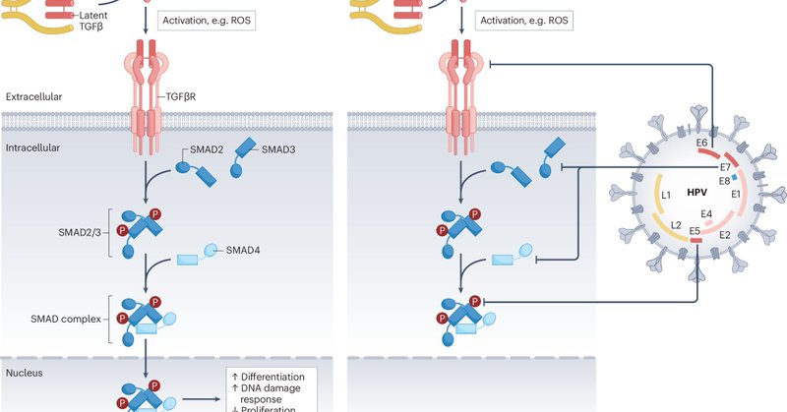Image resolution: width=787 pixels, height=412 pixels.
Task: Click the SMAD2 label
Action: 207,149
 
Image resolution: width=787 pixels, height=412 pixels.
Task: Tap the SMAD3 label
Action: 278,149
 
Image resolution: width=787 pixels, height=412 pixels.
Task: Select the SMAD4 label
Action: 243,250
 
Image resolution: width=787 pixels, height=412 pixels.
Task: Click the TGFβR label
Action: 181,96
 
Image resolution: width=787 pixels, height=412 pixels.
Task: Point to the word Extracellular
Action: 33,96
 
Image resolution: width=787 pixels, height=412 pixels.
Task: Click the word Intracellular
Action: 32,148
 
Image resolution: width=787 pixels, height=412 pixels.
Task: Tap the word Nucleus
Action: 24,373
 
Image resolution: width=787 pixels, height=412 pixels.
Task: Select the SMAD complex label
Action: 66,319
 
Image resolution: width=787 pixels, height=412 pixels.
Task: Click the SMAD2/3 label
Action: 80,232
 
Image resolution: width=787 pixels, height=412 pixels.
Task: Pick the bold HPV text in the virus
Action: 697,192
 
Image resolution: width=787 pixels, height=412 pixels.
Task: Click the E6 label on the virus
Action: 701,143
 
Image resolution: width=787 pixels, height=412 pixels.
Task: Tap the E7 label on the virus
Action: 725,167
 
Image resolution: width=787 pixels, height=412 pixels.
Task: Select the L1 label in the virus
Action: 666,196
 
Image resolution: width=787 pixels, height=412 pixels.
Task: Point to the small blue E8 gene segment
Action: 734,177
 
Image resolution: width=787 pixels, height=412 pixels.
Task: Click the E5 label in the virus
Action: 695,231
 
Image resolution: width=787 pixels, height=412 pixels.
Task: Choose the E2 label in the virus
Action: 725,235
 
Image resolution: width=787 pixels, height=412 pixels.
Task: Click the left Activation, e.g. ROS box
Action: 207,21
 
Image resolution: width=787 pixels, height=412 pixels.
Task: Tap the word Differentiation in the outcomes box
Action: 273,377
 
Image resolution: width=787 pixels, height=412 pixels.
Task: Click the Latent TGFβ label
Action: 92,21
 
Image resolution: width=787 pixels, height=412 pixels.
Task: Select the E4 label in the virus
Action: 706,214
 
